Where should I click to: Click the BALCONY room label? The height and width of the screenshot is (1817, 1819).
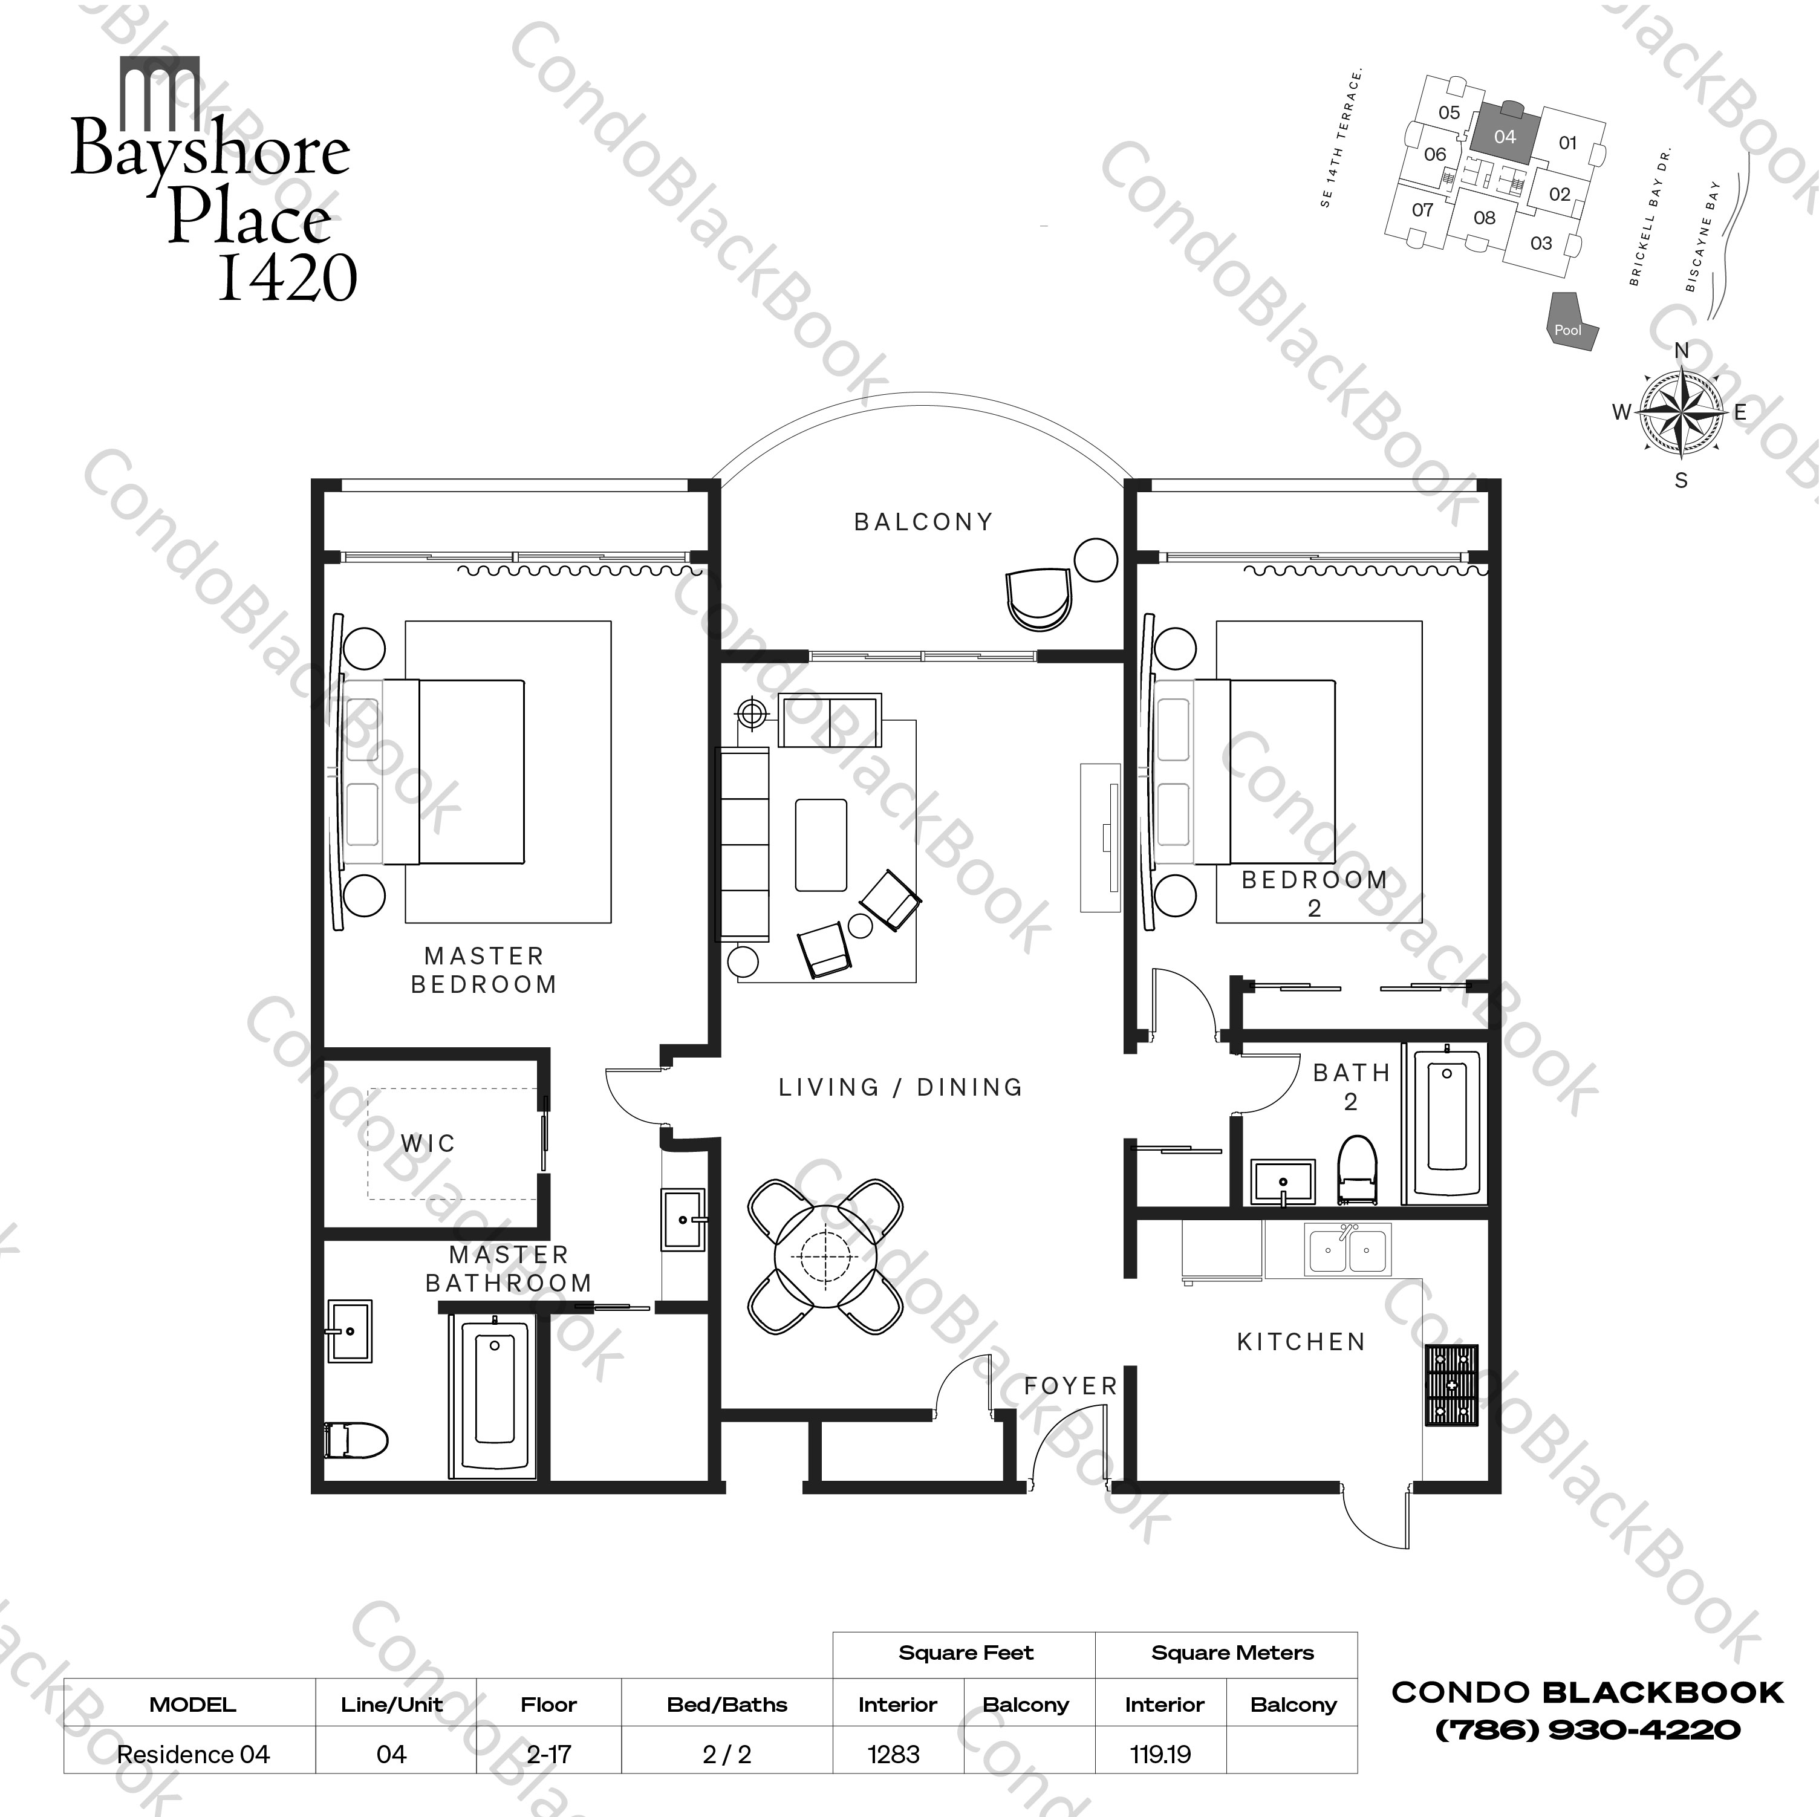(923, 522)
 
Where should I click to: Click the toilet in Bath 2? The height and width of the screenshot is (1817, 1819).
(1358, 1170)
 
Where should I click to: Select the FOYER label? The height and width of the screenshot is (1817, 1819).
(1070, 1386)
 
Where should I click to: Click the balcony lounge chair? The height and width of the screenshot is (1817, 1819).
(1038, 599)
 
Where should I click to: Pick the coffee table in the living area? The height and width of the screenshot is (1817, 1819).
(820, 845)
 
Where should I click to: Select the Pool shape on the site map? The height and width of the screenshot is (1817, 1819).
(1570, 321)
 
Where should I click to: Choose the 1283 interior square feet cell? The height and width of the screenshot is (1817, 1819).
(894, 1755)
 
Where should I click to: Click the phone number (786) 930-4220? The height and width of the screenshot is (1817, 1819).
(1587, 1729)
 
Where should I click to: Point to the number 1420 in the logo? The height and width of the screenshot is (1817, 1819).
(287, 277)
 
